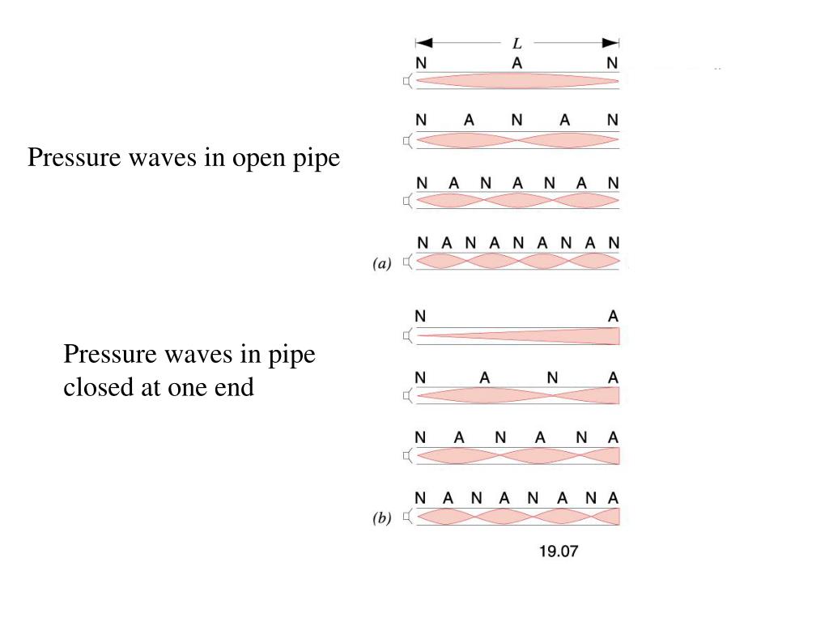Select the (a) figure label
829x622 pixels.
[x=381, y=262]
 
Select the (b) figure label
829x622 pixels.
[x=381, y=519]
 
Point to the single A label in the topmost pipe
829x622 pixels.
[x=517, y=62]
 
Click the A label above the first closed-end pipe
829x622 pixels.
[x=613, y=317]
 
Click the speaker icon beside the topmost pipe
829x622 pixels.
[x=408, y=80]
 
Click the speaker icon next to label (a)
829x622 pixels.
[x=408, y=262]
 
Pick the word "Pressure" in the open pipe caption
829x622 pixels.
[x=74, y=158]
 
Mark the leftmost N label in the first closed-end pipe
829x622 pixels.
[x=420, y=317]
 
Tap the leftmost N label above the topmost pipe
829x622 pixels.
[x=420, y=62]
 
